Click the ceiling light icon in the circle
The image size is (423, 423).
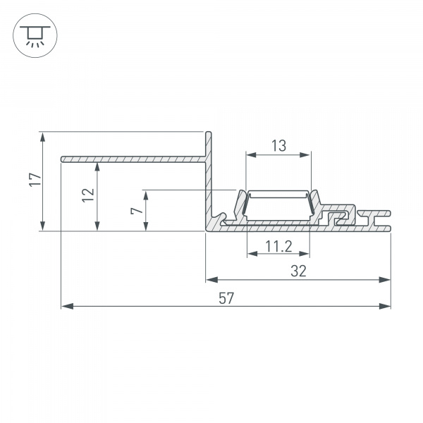[x=32, y=32]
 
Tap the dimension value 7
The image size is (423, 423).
[x=137, y=209]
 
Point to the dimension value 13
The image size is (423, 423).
[x=278, y=146]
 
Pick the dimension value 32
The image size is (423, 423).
[x=298, y=271]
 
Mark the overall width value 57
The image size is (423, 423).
[x=226, y=298]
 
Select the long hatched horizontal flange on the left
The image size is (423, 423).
[x=134, y=159]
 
